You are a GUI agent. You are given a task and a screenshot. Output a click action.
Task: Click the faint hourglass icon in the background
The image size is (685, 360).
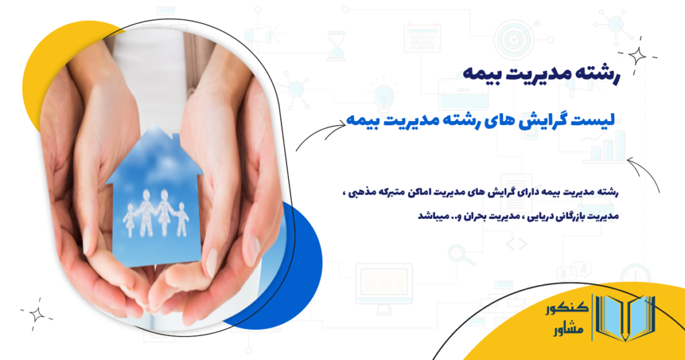pos(336,43)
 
